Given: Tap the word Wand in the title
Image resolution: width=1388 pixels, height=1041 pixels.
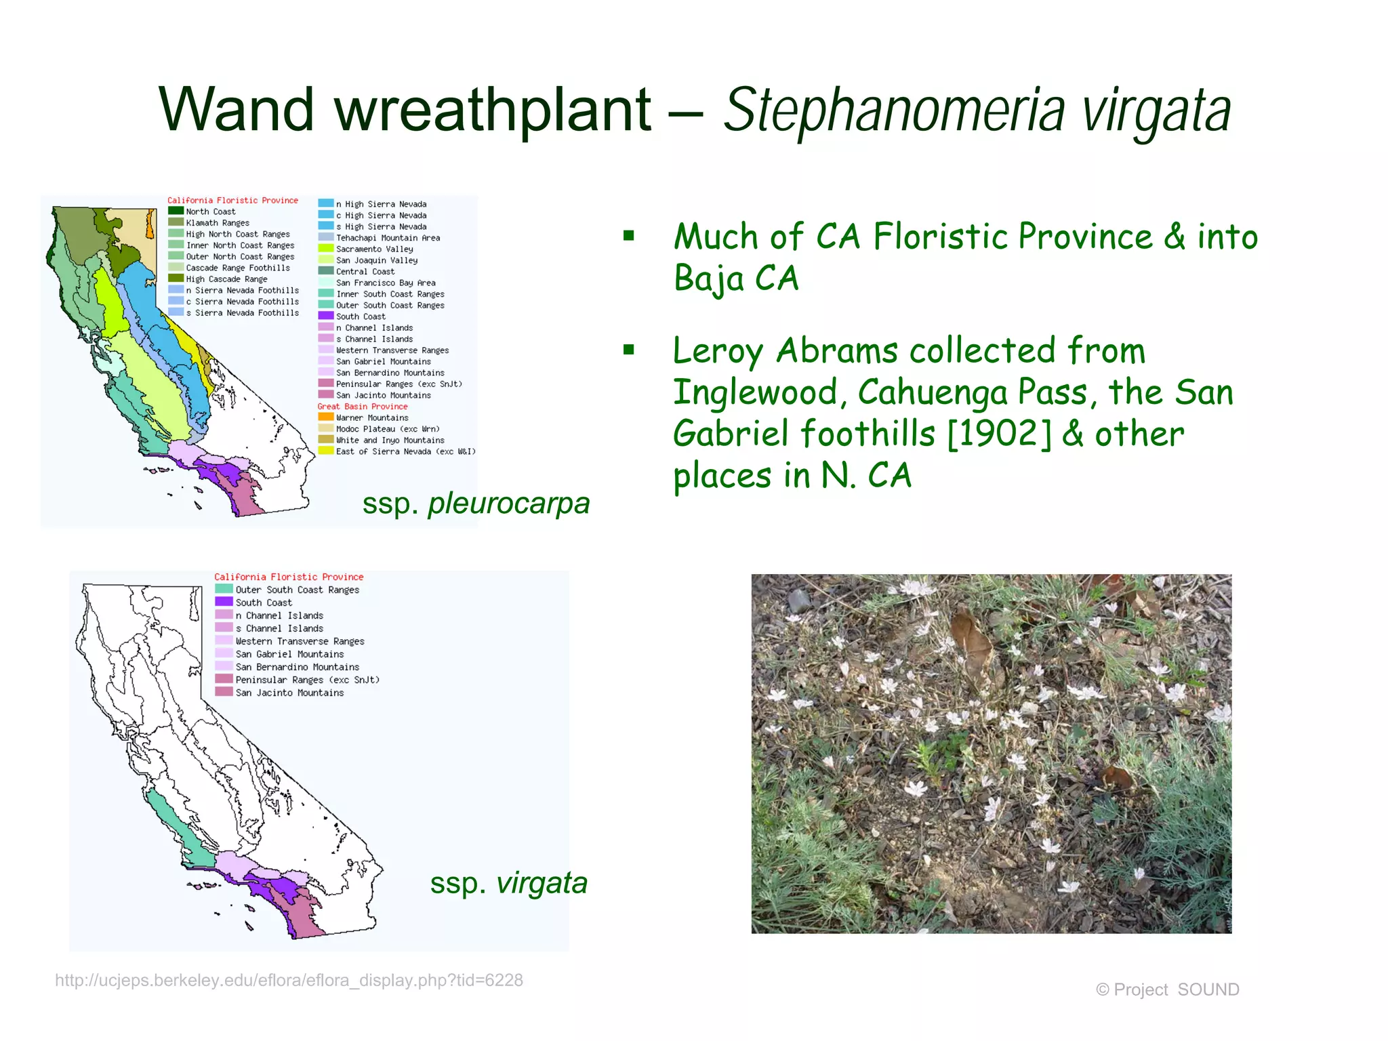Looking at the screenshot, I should (x=236, y=110).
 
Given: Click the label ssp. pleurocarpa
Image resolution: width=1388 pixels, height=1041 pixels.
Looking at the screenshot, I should (x=476, y=504).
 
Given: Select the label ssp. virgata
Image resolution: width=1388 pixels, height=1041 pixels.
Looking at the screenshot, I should (x=508, y=883).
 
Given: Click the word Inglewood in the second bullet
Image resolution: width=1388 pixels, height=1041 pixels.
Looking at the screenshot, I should (x=759, y=393).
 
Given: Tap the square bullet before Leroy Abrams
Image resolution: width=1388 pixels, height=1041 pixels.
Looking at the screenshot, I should (x=629, y=350).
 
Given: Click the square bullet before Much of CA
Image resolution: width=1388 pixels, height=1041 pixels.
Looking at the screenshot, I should (x=629, y=236).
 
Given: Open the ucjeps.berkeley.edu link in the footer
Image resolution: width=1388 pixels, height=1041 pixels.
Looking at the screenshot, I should (x=289, y=981).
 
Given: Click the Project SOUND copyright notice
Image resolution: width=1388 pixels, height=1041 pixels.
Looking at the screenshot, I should (x=1167, y=989).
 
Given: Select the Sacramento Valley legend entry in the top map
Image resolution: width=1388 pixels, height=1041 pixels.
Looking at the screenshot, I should (x=374, y=249).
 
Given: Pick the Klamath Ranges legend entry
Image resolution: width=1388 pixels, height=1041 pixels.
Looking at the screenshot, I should (x=217, y=223).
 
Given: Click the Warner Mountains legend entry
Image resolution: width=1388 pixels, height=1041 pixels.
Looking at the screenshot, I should (x=372, y=418).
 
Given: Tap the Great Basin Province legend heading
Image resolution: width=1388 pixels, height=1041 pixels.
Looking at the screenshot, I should (x=363, y=407).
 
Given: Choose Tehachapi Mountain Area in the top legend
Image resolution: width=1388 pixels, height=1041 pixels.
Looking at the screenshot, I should (x=388, y=238).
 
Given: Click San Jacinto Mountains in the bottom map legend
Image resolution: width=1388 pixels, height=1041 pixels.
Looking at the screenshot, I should (x=289, y=693).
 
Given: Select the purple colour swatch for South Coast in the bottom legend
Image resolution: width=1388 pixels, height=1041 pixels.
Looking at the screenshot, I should (x=224, y=602).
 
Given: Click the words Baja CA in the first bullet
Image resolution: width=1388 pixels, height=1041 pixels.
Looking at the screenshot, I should (x=736, y=278).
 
